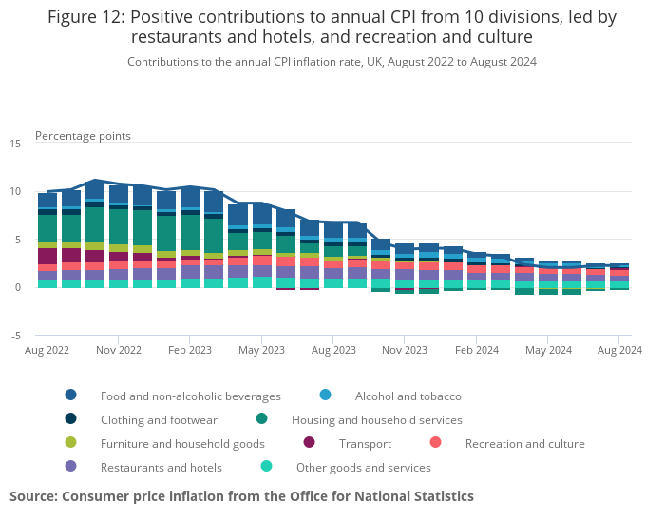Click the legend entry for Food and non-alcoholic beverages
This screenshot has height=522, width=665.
click(x=190, y=396)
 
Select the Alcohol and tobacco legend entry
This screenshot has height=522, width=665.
click(x=408, y=396)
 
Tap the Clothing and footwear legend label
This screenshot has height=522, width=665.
click(x=159, y=419)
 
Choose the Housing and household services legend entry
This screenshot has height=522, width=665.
click(x=376, y=419)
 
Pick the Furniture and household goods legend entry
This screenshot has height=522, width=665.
click(x=182, y=443)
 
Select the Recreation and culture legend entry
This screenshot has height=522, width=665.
click(x=524, y=443)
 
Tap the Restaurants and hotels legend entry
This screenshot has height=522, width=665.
click(x=161, y=467)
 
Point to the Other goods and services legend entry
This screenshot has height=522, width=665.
click(x=363, y=467)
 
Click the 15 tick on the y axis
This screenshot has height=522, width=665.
click(x=14, y=144)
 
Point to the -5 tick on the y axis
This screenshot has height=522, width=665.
click(x=14, y=336)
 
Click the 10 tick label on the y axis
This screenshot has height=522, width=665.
click(x=14, y=192)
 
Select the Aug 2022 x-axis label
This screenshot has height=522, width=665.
click(x=47, y=350)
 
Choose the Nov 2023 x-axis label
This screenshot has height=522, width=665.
click(x=405, y=350)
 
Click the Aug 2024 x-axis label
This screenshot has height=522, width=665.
click(x=619, y=350)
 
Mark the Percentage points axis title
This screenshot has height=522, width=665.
click(x=83, y=136)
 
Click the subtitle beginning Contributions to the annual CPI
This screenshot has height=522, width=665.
click(x=332, y=62)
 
